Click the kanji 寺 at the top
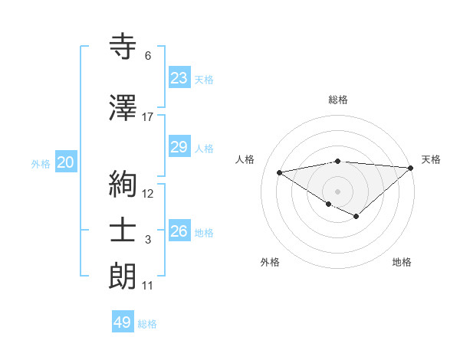click(123, 47)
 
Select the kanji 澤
click(123, 108)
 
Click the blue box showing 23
click(179, 77)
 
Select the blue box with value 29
click(179, 147)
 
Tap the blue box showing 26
click(179, 231)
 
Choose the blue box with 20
click(66, 162)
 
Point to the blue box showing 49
click(123, 322)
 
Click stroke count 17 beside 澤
click(148, 117)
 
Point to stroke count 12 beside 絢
click(148, 193)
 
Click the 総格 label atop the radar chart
click(337, 100)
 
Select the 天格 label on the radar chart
click(431, 159)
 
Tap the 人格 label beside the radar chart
click(245, 159)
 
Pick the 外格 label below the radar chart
click(270, 262)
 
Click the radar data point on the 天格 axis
click(412, 167)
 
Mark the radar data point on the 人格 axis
click(279, 172)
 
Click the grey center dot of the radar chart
click(337, 191)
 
